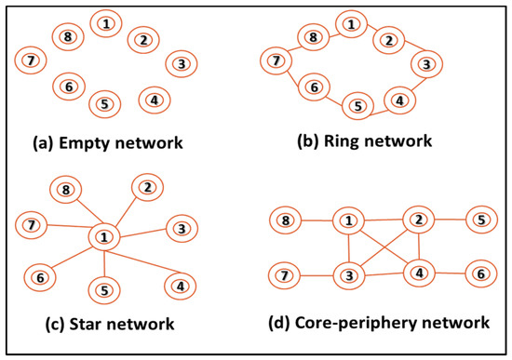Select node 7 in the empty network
30,60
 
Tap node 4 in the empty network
154,99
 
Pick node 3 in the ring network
424,64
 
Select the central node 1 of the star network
103,238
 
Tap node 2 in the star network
147,188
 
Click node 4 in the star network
177,286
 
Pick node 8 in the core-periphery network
287,221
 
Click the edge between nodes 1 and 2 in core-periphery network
383,220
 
